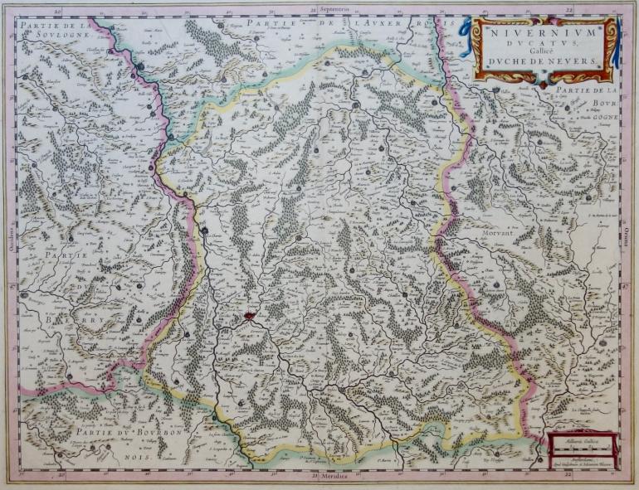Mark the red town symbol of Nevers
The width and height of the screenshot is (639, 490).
pos(250,316)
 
